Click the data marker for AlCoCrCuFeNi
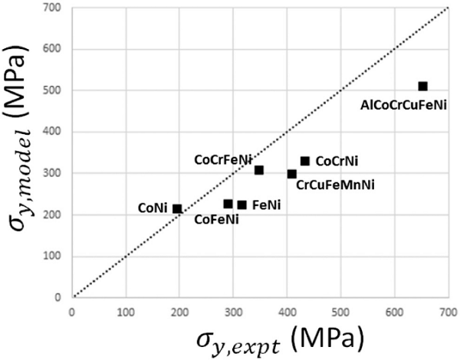tap(422, 87)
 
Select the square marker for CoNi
tap(177, 208)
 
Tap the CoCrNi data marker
tap(304, 161)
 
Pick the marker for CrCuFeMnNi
tap(292, 174)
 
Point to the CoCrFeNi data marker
tap(259, 170)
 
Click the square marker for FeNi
tap(242, 205)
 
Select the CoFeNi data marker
tap(228, 204)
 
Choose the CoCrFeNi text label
tap(223, 159)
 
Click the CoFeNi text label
tap(215, 220)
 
